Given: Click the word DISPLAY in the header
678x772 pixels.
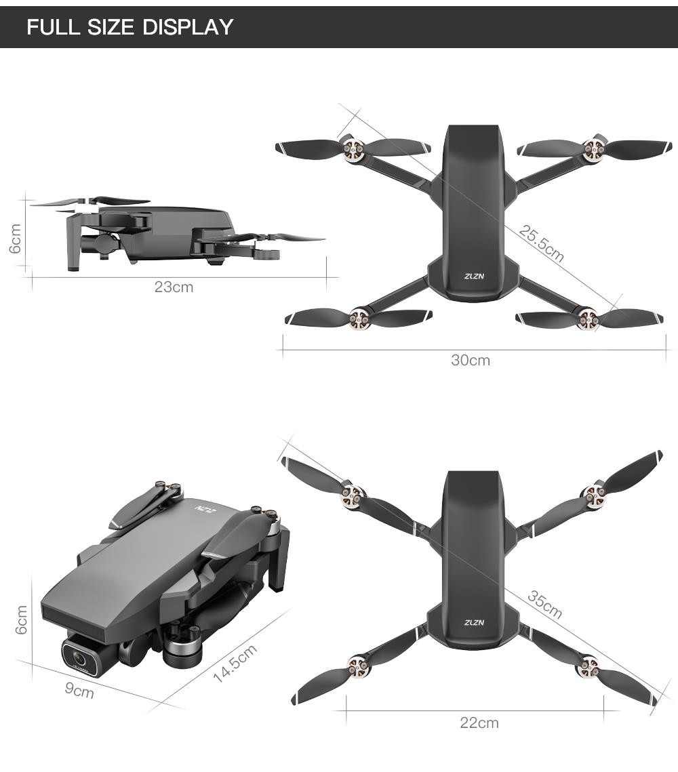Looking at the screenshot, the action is pyautogui.click(x=188, y=26).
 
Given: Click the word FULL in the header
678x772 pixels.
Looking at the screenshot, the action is pyautogui.click(x=53, y=26).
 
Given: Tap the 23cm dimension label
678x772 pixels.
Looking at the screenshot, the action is pyautogui.click(x=174, y=287).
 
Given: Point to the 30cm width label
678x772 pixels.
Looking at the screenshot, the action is pyautogui.click(x=471, y=360).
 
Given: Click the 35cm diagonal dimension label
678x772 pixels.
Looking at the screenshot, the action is pyautogui.click(x=544, y=604).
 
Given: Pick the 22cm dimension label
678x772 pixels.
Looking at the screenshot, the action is pyautogui.click(x=479, y=723).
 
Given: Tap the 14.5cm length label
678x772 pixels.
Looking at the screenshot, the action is pyautogui.click(x=235, y=663).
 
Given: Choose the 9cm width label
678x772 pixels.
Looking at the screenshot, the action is pyautogui.click(x=79, y=690).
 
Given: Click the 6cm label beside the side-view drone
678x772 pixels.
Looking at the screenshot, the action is pyautogui.click(x=16, y=239).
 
